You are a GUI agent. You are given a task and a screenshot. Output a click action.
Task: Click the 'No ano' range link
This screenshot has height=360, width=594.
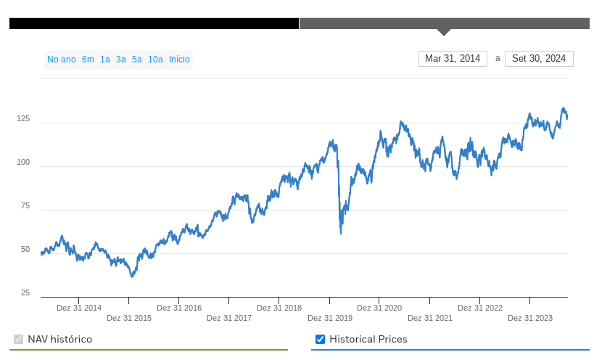tap(62, 60)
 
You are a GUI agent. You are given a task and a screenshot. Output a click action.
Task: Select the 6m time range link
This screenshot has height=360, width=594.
tap(88, 60)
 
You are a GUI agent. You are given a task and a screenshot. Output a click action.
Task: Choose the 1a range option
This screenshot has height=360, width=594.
tap(105, 60)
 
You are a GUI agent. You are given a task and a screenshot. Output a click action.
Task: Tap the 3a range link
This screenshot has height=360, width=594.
tap(121, 60)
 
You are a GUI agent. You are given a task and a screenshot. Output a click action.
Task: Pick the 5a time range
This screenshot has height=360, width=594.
tap(137, 60)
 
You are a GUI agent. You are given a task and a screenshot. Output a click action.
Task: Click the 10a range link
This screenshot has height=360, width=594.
tap(155, 60)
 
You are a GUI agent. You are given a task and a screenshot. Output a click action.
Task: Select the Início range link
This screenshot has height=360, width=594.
tap(179, 60)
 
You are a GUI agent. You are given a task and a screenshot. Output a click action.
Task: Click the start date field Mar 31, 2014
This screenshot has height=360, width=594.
tap(453, 59)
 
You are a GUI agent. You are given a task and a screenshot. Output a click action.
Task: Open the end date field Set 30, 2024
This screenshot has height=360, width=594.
tap(539, 59)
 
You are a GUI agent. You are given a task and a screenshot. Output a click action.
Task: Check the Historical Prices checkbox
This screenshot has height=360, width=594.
tap(321, 340)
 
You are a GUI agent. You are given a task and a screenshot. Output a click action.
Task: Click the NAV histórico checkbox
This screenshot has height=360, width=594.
tap(19, 340)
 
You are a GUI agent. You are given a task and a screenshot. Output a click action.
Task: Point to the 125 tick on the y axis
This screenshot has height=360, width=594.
tap(23, 118)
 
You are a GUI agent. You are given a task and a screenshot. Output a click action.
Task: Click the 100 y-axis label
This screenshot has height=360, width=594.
tap(23, 162)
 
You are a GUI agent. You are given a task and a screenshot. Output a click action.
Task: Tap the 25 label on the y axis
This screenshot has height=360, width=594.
tap(25, 292)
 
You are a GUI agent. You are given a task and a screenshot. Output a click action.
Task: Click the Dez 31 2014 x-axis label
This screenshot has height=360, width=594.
tap(79, 308)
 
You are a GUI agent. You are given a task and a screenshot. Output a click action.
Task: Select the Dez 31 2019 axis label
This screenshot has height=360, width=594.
tap(330, 318)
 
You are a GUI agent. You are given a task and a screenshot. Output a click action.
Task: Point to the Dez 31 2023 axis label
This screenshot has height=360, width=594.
tap(530, 318)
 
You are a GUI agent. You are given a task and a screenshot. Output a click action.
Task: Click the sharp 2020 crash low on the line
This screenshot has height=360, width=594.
tap(341, 232)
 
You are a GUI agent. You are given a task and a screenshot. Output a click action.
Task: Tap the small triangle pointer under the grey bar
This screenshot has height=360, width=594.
tap(444, 32)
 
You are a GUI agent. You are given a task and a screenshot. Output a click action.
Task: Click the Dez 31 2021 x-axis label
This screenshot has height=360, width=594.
tap(430, 318)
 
